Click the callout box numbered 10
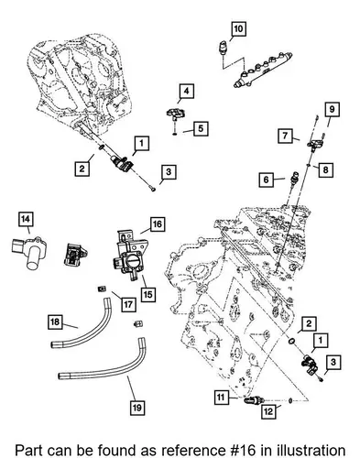(238, 29)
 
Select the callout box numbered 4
(186, 91)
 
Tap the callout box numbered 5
(201, 128)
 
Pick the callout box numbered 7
(285, 136)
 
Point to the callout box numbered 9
(332, 109)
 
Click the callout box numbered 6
(267, 180)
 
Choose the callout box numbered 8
(325, 169)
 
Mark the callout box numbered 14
(26, 219)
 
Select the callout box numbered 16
(157, 224)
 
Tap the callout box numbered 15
(147, 294)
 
